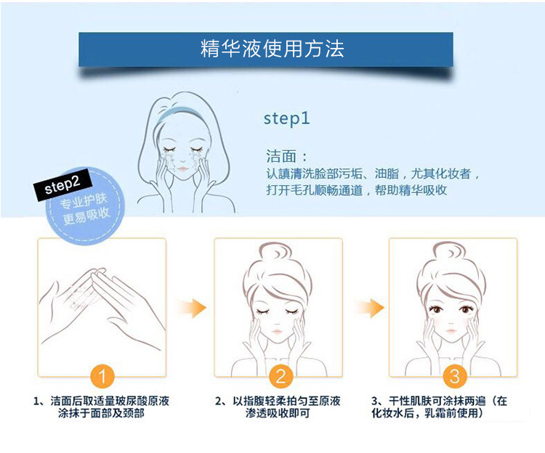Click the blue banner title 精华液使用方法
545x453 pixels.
272,49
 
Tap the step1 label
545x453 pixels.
287,119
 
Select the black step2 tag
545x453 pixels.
62,184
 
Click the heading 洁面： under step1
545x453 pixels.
286,156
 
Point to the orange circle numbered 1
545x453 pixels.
102,376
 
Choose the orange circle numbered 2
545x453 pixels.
280,376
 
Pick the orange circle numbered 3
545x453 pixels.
455,376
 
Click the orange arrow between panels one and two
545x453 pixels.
193,308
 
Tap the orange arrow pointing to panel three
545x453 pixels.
371,308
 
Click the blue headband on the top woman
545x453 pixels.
180,110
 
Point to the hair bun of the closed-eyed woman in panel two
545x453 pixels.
275,251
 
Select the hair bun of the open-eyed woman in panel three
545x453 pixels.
450,251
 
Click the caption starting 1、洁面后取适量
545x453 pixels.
102,407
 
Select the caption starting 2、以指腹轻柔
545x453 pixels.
278,407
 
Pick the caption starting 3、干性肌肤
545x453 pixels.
439,407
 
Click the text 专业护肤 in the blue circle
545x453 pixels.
84,201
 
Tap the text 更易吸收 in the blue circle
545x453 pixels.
86,216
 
